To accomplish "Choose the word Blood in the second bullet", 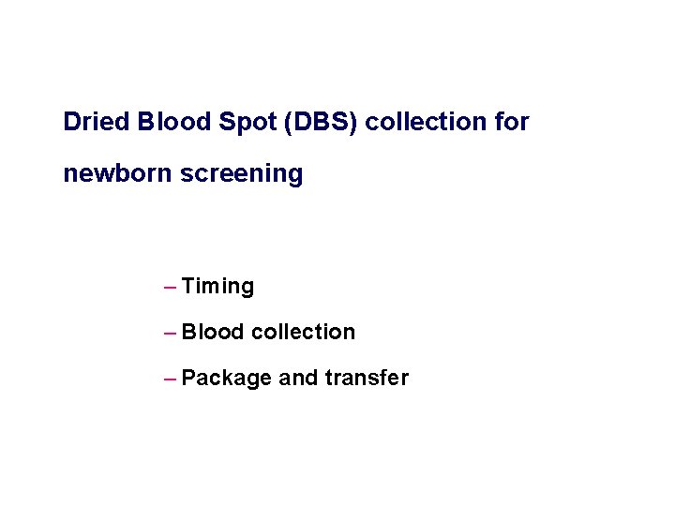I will pos(213,332).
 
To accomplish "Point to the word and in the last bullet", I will pos(299,379).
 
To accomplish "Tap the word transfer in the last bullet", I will pos(367,378).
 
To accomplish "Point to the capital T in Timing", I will pos(187,286).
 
